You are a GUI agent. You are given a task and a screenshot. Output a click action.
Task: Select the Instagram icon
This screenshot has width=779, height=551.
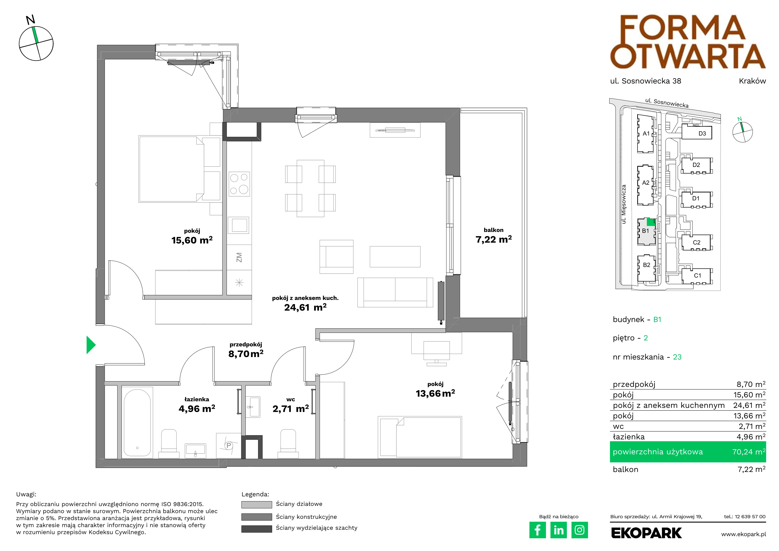coord(580,530)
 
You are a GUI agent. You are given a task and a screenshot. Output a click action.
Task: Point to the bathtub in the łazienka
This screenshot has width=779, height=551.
coord(137,422)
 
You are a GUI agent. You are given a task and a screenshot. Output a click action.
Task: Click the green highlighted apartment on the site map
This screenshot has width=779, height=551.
coord(650,222)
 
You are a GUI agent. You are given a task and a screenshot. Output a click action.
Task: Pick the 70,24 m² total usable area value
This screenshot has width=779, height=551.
coord(749,452)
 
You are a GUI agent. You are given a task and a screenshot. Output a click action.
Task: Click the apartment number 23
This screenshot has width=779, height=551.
coord(677,357)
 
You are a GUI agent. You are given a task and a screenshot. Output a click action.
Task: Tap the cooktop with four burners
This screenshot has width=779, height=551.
coord(239,184)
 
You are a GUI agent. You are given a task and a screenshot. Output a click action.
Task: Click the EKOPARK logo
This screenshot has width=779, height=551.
coord(646,533)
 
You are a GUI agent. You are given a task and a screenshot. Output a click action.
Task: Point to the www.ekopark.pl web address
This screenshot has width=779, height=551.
coord(743,534)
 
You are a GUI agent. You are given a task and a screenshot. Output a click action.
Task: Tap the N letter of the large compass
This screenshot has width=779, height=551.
coord(30,20)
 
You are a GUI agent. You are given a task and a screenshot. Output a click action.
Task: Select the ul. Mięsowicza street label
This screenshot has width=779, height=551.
coord(624,204)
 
